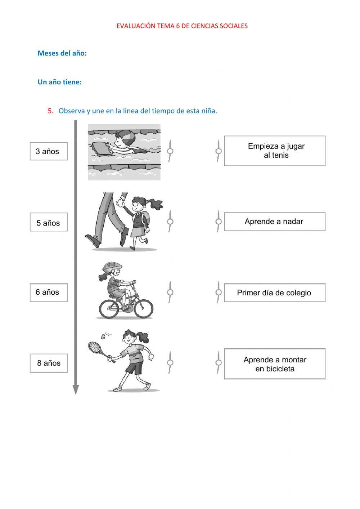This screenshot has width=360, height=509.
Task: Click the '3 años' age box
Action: (49, 151)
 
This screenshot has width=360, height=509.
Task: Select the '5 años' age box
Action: (49, 223)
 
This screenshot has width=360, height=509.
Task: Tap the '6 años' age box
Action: (49, 292)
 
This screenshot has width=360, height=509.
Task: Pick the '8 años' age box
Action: (49, 363)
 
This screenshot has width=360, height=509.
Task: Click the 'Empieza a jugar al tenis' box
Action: (275, 151)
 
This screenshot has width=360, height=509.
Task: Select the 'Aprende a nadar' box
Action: (275, 222)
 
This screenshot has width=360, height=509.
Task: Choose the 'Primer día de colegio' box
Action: (275, 293)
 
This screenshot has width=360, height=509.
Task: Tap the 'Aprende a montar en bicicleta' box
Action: (275, 364)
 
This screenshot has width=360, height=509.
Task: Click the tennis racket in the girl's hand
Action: (95, 347)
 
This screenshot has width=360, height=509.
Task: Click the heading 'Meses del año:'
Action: (62, 53)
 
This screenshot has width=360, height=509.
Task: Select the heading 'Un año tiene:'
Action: (60, 82)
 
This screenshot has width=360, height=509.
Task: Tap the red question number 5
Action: (50, 111)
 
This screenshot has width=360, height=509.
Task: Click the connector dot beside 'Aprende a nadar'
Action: (219, 222)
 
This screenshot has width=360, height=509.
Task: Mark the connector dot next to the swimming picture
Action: (170, 151)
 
